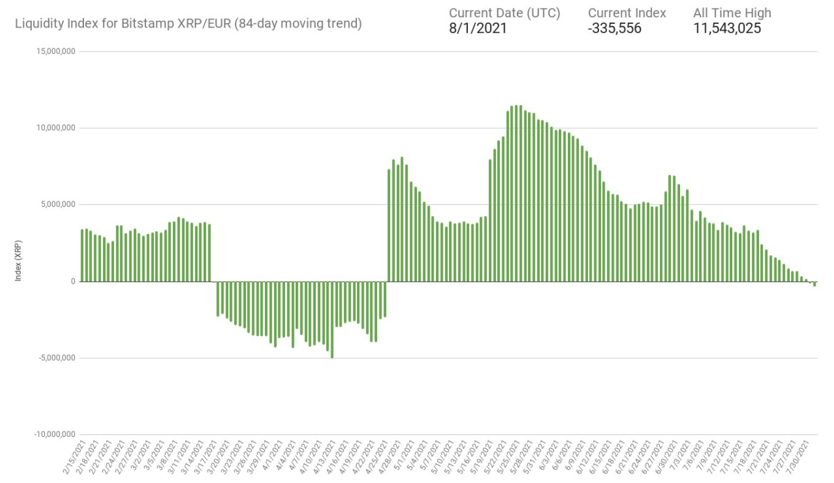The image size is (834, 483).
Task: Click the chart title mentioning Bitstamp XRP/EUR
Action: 189,24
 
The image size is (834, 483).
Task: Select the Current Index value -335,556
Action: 614,28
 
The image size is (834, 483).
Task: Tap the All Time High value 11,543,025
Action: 727,28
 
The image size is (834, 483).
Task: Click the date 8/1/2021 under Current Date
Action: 478,28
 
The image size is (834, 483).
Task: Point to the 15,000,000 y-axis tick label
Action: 55,52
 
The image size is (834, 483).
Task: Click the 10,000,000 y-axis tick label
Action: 55,128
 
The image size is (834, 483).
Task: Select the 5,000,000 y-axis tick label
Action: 57,205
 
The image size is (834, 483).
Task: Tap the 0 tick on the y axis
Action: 72,282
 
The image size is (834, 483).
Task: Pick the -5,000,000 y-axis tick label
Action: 56,358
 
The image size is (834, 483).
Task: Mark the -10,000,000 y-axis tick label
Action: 54,435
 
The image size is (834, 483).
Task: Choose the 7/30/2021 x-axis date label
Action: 803,454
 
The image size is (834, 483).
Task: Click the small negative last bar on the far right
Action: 814,284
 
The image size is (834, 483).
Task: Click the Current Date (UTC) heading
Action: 504,13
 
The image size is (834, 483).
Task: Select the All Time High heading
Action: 732,13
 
